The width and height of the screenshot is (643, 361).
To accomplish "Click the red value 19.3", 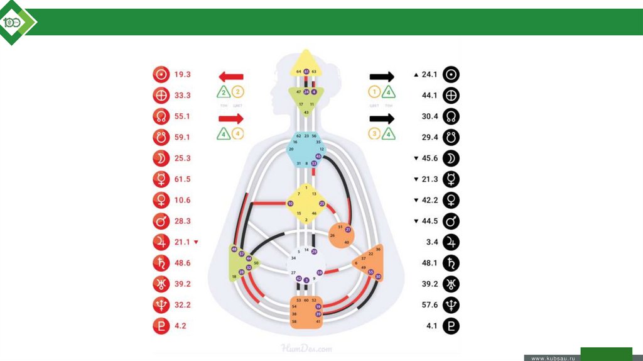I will pos(182,74).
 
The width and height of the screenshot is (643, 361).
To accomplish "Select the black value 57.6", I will pos(430,305).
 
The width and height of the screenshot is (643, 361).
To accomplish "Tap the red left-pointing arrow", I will pos(230,77).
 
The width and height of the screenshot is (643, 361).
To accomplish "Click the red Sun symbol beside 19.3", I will pos(161,75).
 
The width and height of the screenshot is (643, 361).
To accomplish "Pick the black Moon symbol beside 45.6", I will pos(451,158).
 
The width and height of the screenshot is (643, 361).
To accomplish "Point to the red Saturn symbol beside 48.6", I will pos(161,263).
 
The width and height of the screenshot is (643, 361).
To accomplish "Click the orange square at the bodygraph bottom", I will pos(306,311).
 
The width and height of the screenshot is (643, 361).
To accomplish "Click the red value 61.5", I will pos(182,179).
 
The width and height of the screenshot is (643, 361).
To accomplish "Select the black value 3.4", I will pos(431,242).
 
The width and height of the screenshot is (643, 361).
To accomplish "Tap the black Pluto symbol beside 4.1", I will pos(451,326).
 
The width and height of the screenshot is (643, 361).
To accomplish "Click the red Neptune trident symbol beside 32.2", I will pos(161,305).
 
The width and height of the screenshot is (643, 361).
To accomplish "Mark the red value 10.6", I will pos(182,200).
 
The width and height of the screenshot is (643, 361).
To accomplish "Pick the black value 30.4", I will pos(430,116).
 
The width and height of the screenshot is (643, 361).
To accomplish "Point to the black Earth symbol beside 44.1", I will pos(451,96).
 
